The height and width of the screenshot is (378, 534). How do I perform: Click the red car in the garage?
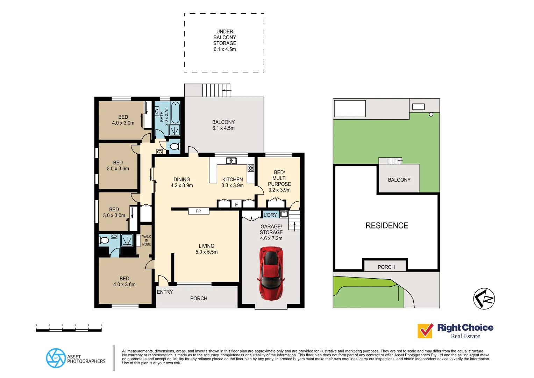coord(271,273)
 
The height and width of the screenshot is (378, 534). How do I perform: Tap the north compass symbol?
coord(484,299)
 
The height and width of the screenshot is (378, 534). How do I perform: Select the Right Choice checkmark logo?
coord(425,331)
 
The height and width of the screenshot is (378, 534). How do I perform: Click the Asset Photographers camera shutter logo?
coord(56,358)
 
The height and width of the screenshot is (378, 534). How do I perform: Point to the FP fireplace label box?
coord(198,211)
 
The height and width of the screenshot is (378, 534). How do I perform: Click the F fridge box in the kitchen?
coord(236,204)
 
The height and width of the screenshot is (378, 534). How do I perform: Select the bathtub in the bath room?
coord(176,112)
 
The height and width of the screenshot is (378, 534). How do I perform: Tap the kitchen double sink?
coord(231,161)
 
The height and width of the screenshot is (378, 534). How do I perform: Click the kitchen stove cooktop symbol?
coord(251,168)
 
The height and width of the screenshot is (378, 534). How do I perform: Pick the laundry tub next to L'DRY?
coord(284,215)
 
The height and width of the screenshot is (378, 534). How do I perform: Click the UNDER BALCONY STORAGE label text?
coord(225,40)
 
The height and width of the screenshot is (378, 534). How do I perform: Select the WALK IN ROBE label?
coord(147,240)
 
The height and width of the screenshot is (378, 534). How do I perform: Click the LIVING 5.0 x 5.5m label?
coord(206,249)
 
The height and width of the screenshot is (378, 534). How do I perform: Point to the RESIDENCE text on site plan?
coord(387,226)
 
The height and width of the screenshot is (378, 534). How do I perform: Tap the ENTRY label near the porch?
coord(165,292)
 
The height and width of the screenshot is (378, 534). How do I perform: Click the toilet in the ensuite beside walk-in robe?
coord(104,240)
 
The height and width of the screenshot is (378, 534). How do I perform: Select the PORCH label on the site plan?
coord(386,267)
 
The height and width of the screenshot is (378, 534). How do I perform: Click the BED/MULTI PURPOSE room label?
coord(279,181)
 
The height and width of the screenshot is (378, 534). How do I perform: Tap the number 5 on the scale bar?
coord(101,325)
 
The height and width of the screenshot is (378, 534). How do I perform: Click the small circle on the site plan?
coord(431,114)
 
